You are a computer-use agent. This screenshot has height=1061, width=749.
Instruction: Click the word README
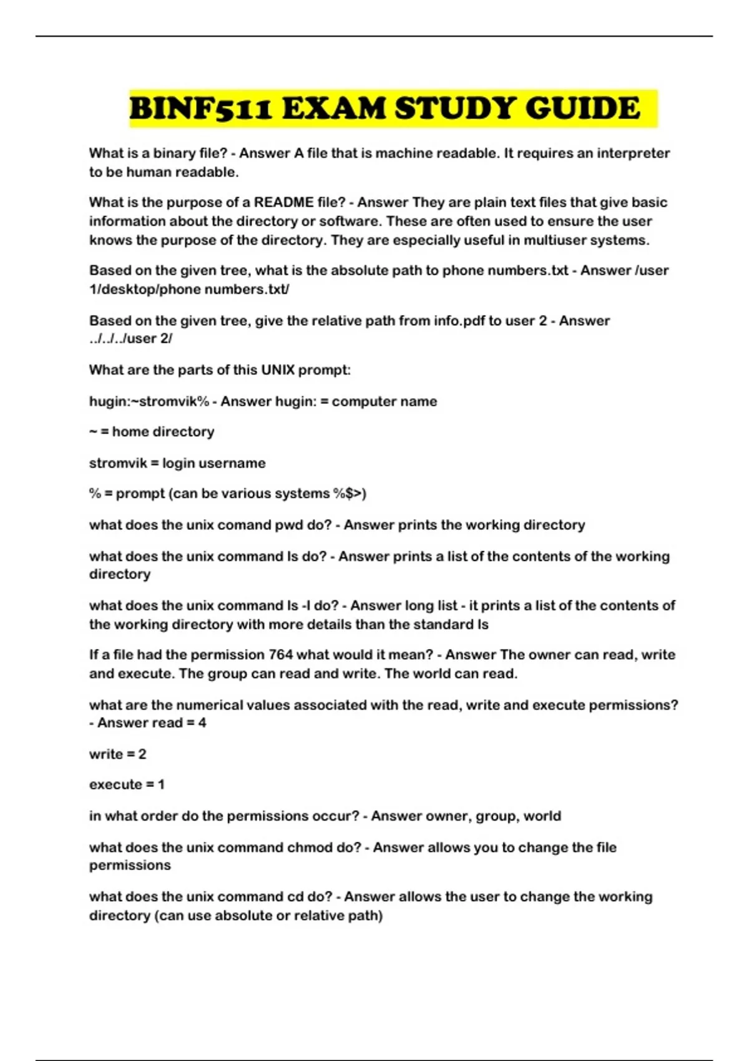coord(284,202)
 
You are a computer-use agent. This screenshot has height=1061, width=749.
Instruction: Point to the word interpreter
coord(633,153)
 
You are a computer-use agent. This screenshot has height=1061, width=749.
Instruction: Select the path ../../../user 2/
coord(130,338)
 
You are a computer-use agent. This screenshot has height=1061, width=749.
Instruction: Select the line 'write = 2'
coord(117,753)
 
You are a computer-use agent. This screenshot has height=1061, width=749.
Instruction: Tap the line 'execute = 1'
coord(127,784)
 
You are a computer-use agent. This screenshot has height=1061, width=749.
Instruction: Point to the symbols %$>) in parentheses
coord(350,493)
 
